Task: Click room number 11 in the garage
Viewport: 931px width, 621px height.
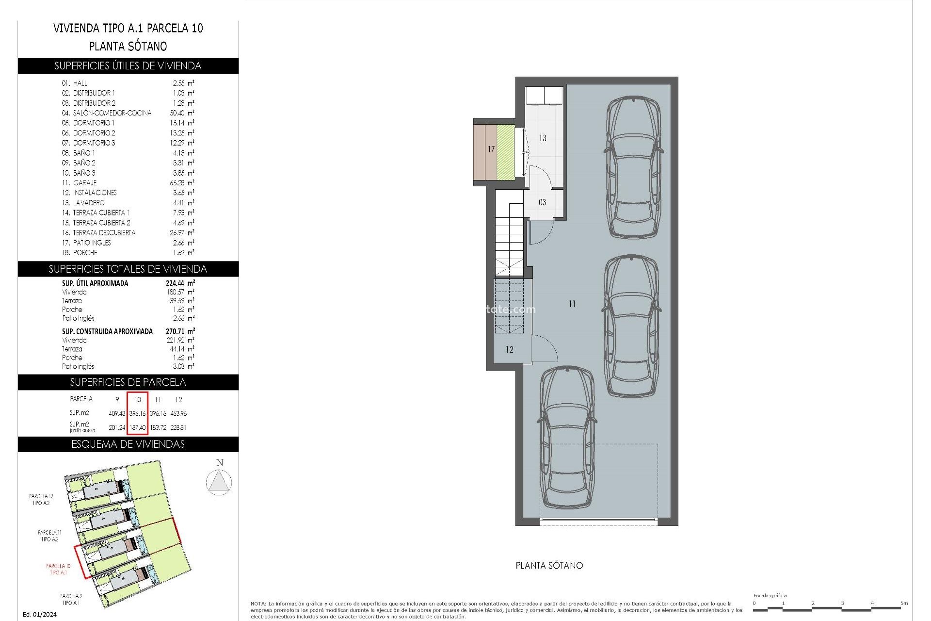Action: (x=572, y=304)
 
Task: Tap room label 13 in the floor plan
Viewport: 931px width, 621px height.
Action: (x=543, y=138)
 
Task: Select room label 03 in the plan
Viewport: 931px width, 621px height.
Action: (x=542, y=202)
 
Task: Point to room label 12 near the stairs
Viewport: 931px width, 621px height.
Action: (x=509, y=349)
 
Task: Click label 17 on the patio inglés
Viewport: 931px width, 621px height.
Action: (x=491, y=149)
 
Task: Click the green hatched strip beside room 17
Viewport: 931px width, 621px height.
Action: (x=505, y=151)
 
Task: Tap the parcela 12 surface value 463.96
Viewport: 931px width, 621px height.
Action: (x=178, y=414)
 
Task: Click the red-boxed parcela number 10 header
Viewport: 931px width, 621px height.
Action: (x=138, y=399)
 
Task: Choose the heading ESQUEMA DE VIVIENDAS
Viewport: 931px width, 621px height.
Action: (x=128, y=444)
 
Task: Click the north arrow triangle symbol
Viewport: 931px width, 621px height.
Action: (x=219, y=482)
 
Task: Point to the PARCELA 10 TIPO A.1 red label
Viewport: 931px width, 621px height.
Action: (x=58, y=569)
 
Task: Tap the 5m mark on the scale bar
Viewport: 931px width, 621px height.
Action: (x=904, y=604)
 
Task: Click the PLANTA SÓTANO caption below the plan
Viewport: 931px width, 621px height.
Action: (x=549, y=566)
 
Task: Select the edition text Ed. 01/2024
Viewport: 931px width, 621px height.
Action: (x=40, y=615)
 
